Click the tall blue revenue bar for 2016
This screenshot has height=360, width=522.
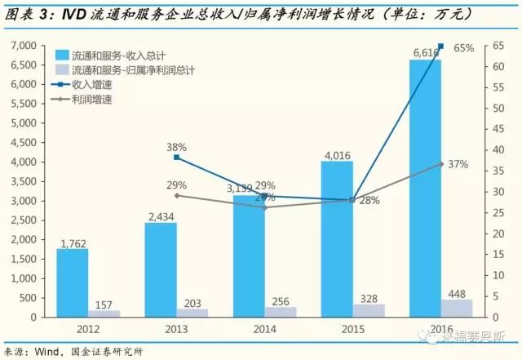(x=425, y=188)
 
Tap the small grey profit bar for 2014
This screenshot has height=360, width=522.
(x=280, y=312)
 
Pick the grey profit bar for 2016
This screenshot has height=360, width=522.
(x=456, y=309)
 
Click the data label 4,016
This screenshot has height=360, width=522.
(x=337, y=155)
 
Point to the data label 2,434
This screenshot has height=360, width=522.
(x=161, y=216)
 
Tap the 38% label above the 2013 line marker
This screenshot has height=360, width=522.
(x=177, y=147)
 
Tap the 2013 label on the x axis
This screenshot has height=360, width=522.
(x=176, y=329)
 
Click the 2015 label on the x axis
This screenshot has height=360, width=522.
(x=352, y=329)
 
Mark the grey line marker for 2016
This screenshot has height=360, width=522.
(x=441, y=164)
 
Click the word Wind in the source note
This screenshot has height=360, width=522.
(x=44, y=352)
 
